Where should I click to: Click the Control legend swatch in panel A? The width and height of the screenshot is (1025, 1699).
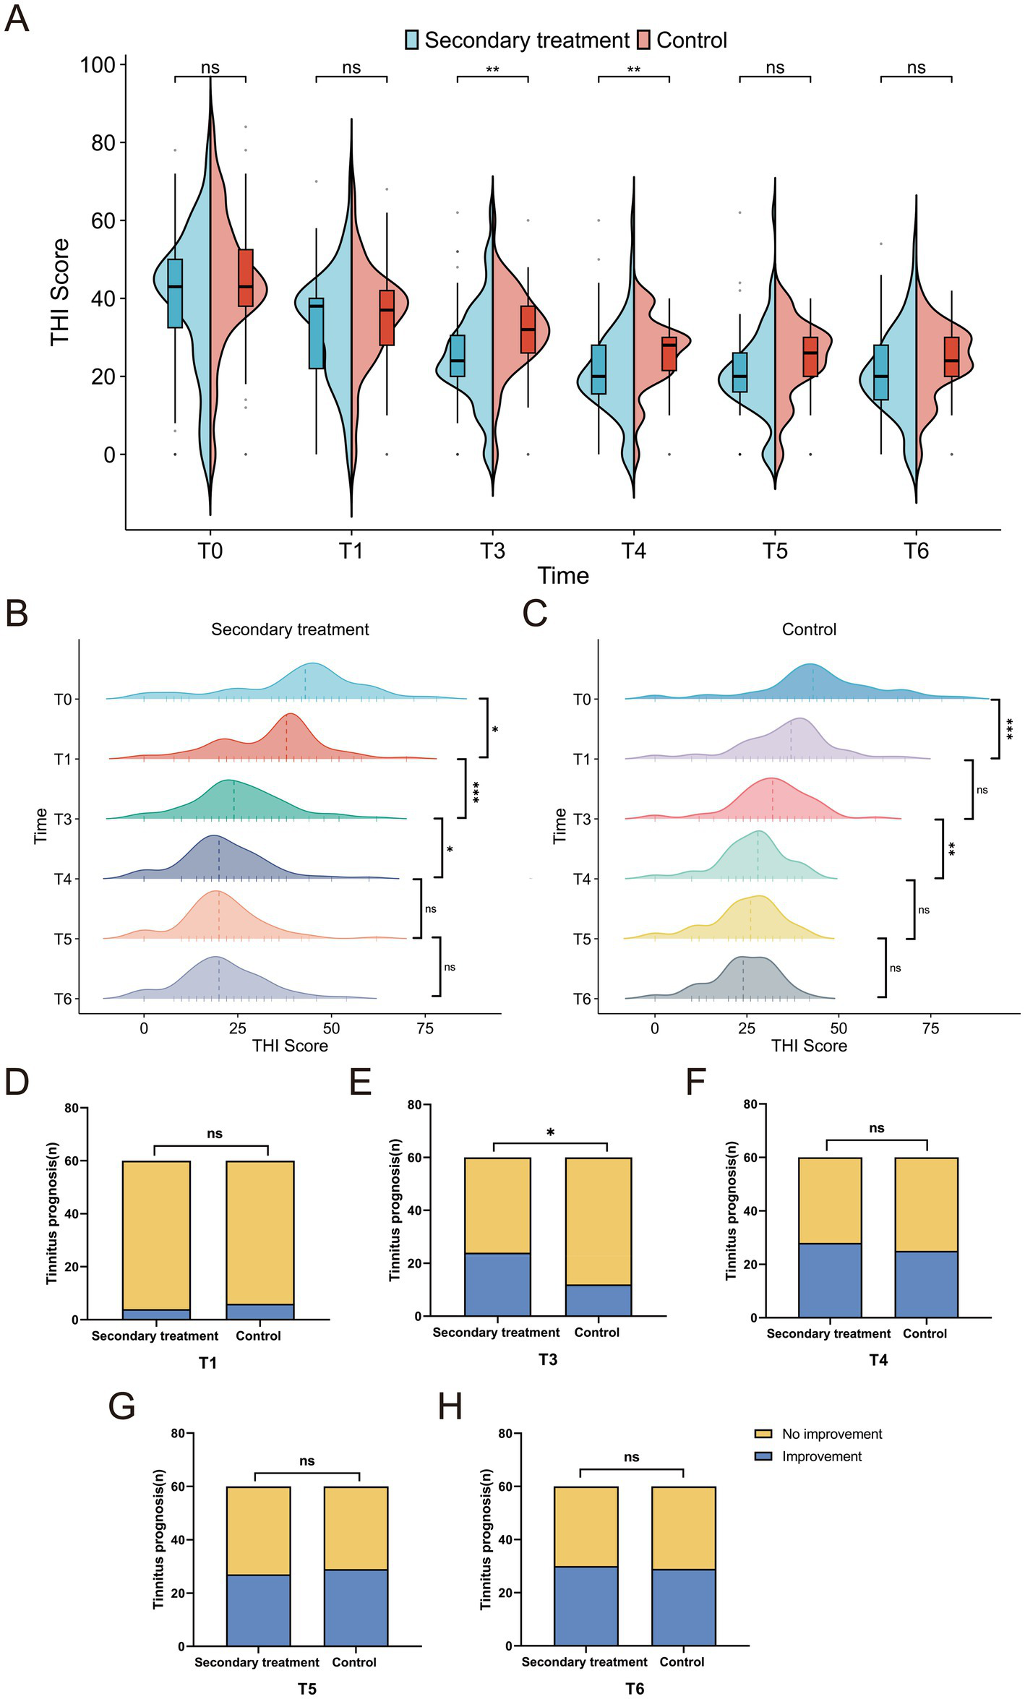[644, 40]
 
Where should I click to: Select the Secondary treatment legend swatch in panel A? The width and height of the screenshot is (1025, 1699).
[412, 40]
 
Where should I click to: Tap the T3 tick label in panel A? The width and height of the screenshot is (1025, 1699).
[492, 551]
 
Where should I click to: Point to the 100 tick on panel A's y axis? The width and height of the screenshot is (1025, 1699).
[98, 65]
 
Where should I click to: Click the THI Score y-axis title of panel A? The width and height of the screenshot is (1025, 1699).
[60, 292]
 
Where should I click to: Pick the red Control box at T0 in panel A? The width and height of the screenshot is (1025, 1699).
[246, 278]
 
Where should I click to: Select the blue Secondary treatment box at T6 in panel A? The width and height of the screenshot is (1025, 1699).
[880, 372]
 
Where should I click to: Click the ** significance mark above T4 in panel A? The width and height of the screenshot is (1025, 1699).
[634, 70]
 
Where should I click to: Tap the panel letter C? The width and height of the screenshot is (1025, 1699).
[535, 614]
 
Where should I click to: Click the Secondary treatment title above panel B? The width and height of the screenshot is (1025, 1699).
[290, 629]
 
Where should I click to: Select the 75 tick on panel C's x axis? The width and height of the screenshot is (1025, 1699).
[930, 1028]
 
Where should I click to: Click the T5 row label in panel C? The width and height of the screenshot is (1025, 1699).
[583, 939]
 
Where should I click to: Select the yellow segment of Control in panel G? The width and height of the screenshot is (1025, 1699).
[356, 1528]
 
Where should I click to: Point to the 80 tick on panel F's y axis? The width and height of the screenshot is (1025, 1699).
[750, 1104]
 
